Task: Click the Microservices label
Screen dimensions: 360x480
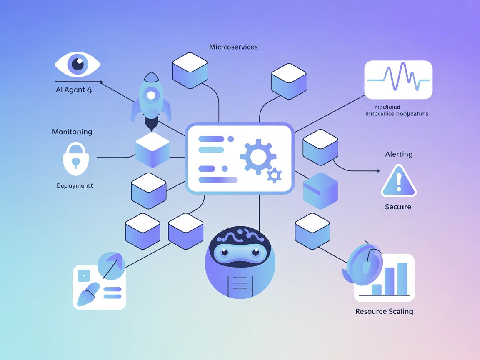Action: [233, 47]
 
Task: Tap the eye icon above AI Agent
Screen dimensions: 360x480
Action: [77, 65]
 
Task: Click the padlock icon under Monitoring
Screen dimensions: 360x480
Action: [76, 159]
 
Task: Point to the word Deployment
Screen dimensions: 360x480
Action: [75, 185]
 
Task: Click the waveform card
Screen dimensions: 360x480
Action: [398, 80]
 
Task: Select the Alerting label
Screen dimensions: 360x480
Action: [399, 154]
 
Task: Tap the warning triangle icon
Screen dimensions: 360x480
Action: [399, 181]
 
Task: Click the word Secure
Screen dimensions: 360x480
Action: [398, 207]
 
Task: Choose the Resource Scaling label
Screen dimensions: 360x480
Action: [384, 311]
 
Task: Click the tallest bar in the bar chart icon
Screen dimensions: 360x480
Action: [402, 278]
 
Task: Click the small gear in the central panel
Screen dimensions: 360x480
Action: [274, 175]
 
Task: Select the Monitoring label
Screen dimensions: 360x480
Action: [72, 132]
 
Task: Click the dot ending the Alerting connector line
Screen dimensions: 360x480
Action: [378, 171]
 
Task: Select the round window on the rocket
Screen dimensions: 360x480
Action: [151, 95]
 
